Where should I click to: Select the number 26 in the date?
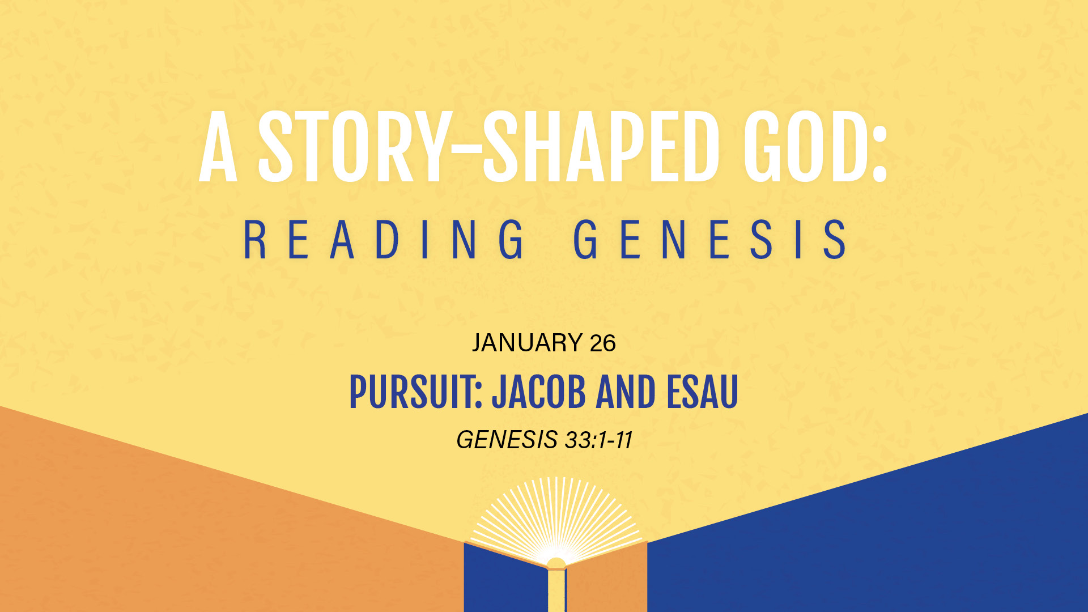tap(602, 343)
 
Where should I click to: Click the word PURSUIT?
tap(415, 392)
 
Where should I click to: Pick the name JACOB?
tap(539, 392)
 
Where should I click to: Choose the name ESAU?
tap(702, 392)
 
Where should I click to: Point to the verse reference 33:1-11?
tap(598, 440)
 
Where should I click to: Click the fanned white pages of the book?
tap(556, 518)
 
